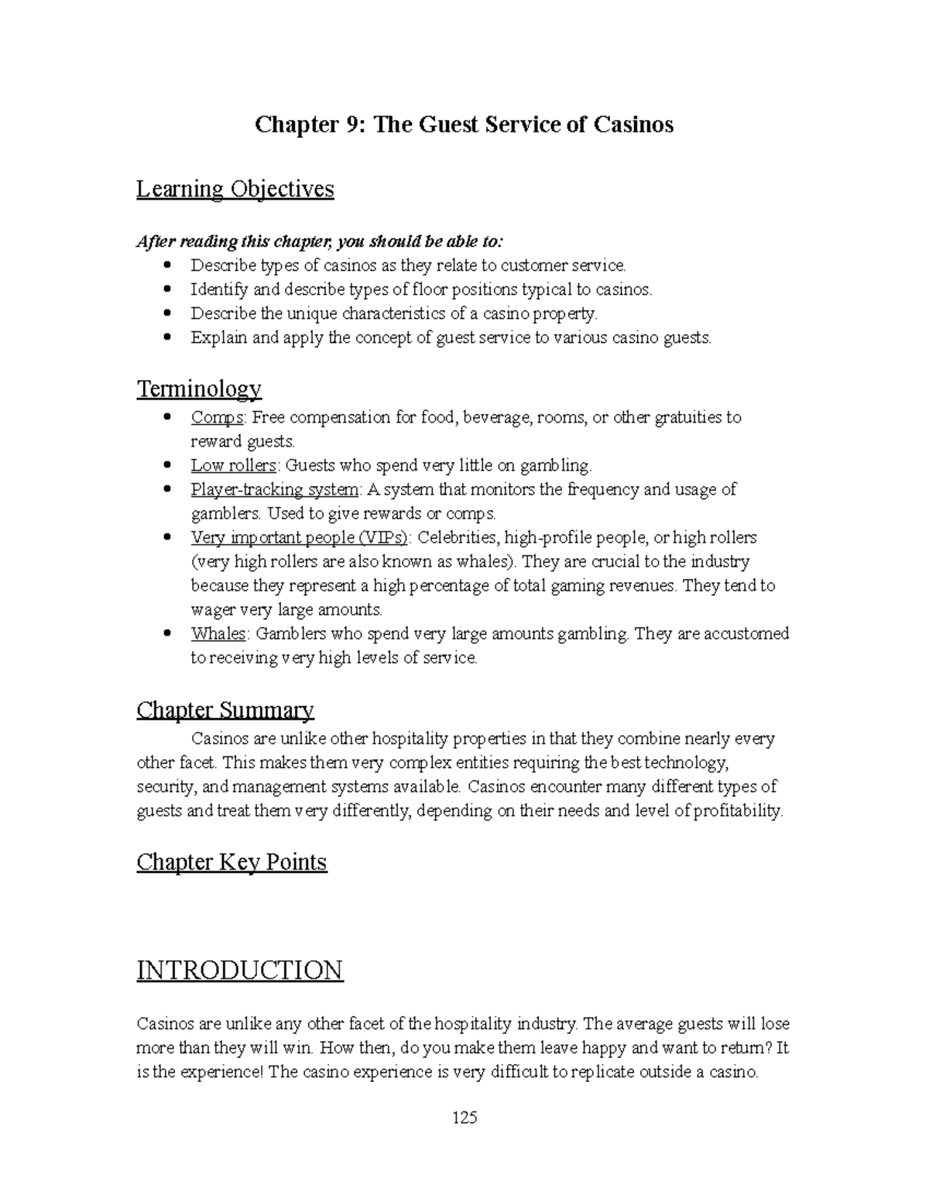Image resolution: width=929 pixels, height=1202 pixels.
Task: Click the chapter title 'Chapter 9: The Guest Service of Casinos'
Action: point(464,124)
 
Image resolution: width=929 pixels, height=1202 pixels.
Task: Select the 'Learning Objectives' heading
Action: point(235,189)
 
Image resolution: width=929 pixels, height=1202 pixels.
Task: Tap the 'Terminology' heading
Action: point(199,388)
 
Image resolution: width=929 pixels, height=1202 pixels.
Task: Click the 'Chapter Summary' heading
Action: point(225,710)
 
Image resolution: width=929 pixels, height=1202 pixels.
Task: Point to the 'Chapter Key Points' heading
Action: point(231,862)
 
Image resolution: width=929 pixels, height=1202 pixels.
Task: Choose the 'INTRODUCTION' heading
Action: point(239,970)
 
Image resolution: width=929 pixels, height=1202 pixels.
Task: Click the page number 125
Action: point(464,1118)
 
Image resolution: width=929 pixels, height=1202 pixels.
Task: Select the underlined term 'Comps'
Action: point(218,418)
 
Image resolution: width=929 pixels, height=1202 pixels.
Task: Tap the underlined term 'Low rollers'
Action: point(233,466)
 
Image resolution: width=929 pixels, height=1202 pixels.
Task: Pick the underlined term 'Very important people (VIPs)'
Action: point(299,538)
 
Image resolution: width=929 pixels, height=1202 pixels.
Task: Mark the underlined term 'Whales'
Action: point(218,634)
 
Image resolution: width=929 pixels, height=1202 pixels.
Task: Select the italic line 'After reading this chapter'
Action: point(320,241)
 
